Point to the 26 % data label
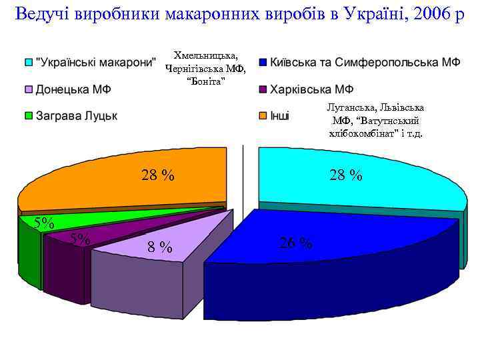(295, 243)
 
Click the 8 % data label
(160, 248)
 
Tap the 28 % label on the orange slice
(157, 176)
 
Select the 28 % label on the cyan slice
(346, 176)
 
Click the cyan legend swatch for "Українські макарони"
(28, 63)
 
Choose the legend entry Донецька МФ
(74, 89)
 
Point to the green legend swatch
(28, 116)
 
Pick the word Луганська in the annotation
(347, 107)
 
